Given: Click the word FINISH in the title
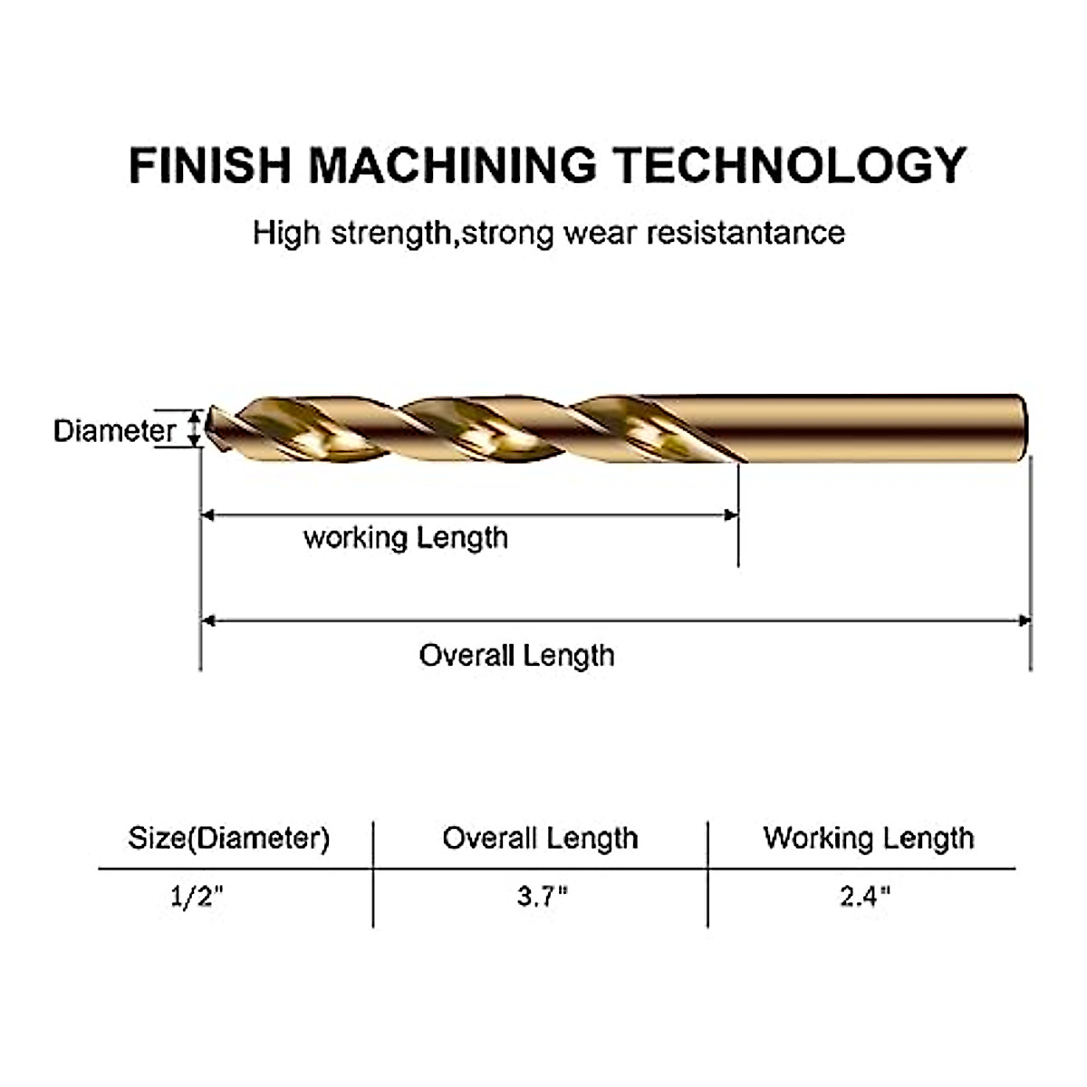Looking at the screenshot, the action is pyautogui.click(x=209, y=165).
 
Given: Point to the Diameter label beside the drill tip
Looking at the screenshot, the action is pyautogui.click(x=114, y=430).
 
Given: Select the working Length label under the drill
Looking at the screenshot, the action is pyautogui.click(x=405, y=538).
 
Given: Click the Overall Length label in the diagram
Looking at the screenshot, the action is pyautogui.click(x=516, y=655).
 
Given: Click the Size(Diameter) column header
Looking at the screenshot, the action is pyautogui.click(x=228, y=838).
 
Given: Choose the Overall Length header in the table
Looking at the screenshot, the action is pyautogui.click(x=540, y=838).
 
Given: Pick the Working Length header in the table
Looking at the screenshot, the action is pyautogui.click(x=868, y=838).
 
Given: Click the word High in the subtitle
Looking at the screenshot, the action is pyautogui.click(x=286, y=233).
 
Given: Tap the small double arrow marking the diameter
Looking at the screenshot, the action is pyautogui.click(x=193, y=428).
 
